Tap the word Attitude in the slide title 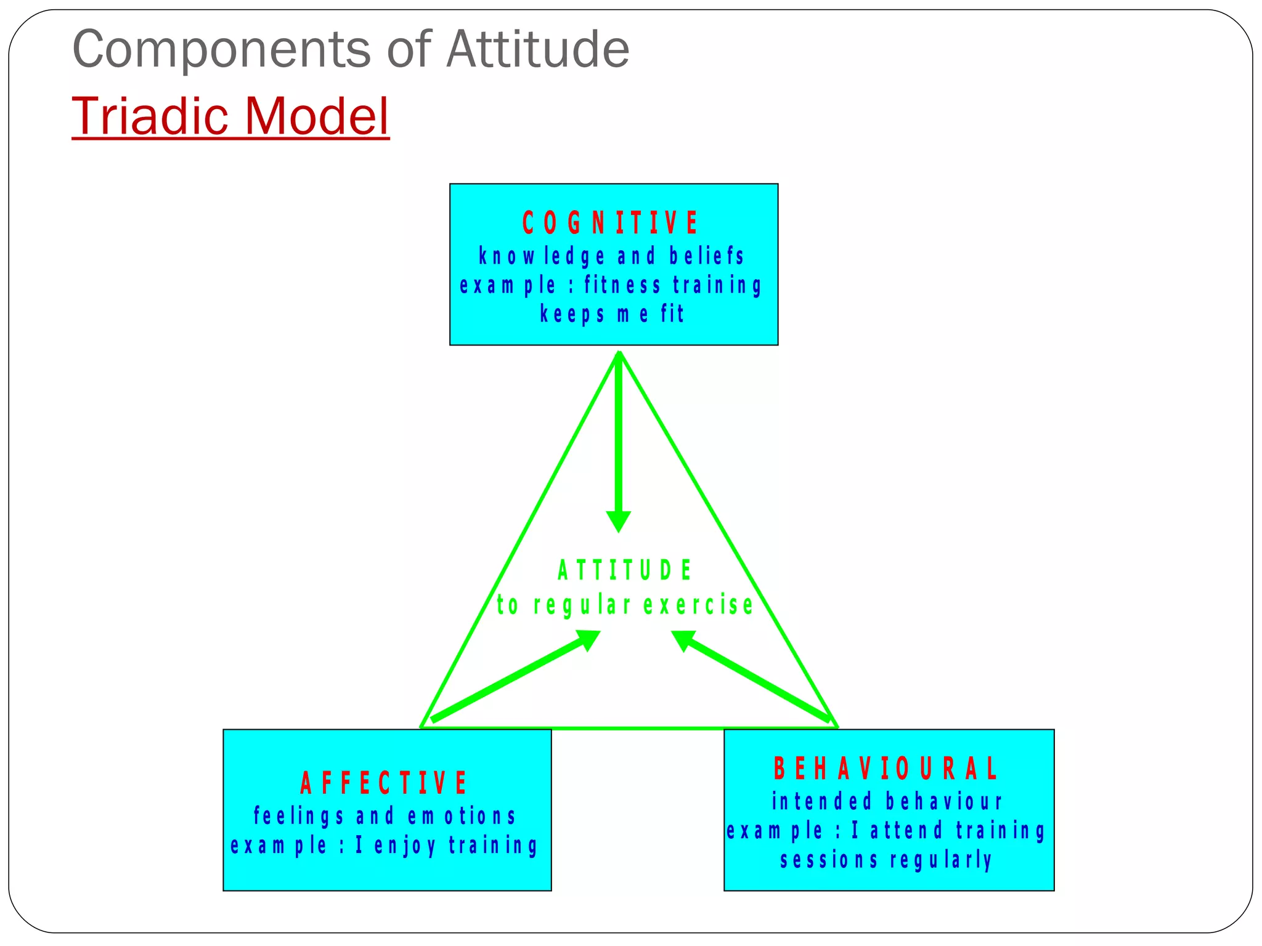pos(537,49)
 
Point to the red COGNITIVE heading pos(610,222)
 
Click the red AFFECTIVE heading pos(383,783)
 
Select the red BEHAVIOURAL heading pos(885,769)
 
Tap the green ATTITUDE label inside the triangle pos(625,570)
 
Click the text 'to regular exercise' pos(625,605)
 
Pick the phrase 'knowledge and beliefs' pos(612,256)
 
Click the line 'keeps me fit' pos(612,314)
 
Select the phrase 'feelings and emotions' pos(385,816)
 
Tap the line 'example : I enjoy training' pos(385,846)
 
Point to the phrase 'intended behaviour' pos(887,801)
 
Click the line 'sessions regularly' pos(886,860)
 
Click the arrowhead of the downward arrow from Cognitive pos(619,521)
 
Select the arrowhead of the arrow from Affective pos(588,639)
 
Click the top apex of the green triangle pos(619,352)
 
